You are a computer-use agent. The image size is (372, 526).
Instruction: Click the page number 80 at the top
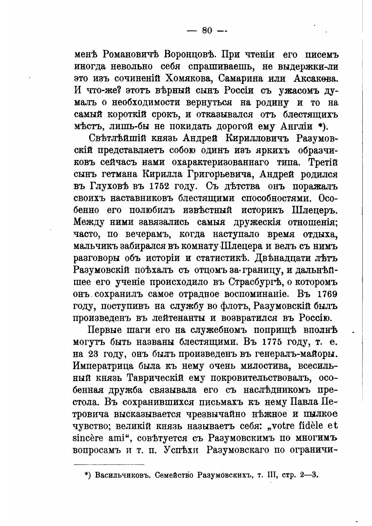pyautogui.click(x=207, y=30)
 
